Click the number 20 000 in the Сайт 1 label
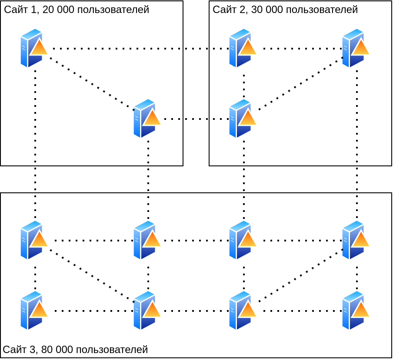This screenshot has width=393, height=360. (57, 10)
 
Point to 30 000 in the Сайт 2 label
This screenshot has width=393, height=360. (266, 10)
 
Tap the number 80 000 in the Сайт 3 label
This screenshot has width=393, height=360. (56, 350)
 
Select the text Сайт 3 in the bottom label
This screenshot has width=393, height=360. (15, 350)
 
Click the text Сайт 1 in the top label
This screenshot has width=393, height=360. (16, 10)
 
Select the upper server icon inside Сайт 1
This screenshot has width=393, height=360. (33, 48)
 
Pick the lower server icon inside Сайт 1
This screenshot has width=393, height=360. (146, 119)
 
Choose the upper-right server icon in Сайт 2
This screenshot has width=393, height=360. (355, 48)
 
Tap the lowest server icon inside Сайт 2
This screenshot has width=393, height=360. (242, 119)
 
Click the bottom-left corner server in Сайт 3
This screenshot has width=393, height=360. (33, 310)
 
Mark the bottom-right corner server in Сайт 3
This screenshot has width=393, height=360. (355, 310)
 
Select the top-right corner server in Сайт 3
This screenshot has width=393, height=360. (355, 240)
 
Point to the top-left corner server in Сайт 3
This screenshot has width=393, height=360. (33, 240)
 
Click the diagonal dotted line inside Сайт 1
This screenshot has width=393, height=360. (91, 83)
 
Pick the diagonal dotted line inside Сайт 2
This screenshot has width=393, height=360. (300, 83)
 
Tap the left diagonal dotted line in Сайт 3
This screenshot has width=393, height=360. (91, 275)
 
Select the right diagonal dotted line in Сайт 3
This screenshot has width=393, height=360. (300, 275)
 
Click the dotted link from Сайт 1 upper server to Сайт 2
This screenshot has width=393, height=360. (139, 49)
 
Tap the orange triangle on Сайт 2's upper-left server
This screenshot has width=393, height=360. (248, 48)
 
